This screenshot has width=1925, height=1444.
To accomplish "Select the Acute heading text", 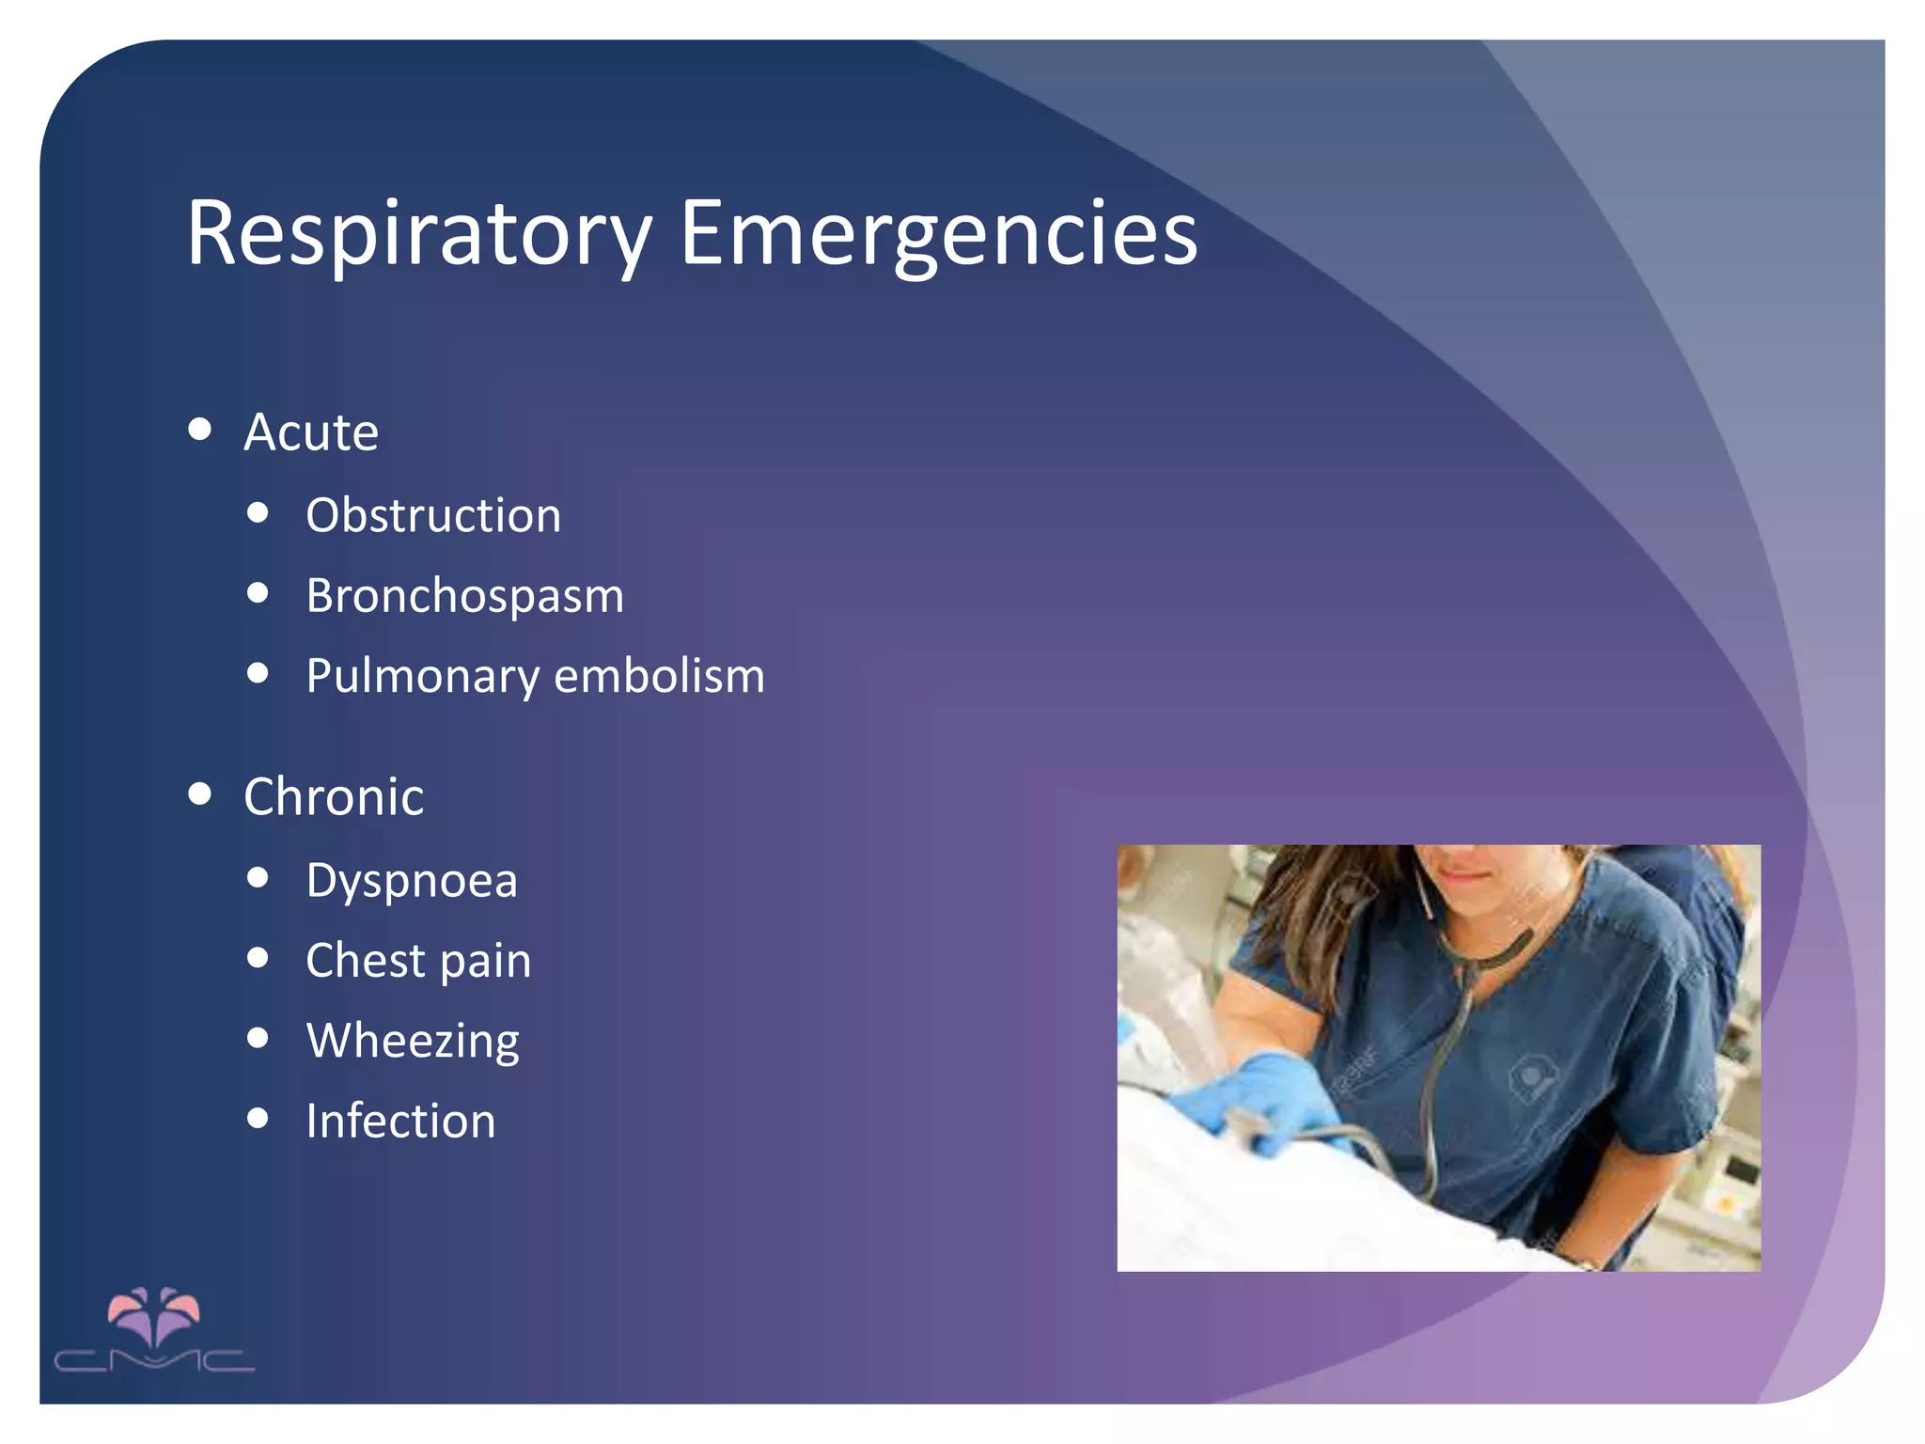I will pos(311,432).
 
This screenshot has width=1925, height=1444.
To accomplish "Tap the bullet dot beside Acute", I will pos(199,430).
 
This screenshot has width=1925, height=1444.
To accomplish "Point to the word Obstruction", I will pos(433,515).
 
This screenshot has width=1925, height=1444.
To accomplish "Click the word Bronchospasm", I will pos(464,596).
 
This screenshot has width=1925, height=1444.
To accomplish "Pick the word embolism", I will pos(659,676).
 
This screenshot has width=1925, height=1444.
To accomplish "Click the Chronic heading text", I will pos(334,797).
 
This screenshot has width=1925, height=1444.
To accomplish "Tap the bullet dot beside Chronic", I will pos(199,793).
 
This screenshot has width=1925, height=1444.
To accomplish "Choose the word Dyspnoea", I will pos(412,882).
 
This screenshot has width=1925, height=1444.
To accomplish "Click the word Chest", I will pos(366,961).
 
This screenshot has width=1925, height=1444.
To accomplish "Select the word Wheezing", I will pos(413,1042).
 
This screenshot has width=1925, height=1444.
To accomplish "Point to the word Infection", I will pos(400,1122).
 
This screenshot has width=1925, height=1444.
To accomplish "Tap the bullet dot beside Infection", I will pos(258,1118).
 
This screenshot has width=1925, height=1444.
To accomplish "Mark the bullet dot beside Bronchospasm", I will pos(258,593).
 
